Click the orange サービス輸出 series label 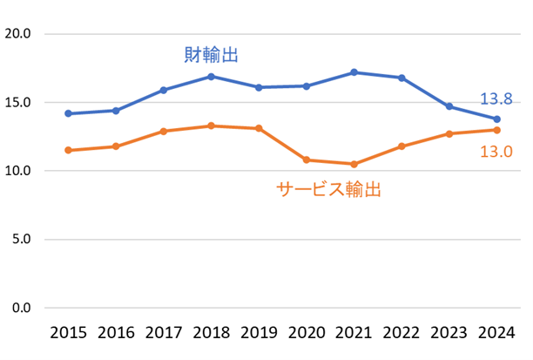[329, 189]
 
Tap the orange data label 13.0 [496, 152]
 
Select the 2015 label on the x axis [68, 333]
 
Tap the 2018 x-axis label [211, 333]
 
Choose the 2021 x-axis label [354, 333]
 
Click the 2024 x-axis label [496, 333]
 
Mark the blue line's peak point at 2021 [354, 72]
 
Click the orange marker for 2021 [354, 164]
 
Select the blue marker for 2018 [211, 77]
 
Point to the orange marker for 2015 [68, 150]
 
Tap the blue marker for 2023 [449, 106]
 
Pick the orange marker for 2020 [306, 160]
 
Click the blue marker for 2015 [68, 113]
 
